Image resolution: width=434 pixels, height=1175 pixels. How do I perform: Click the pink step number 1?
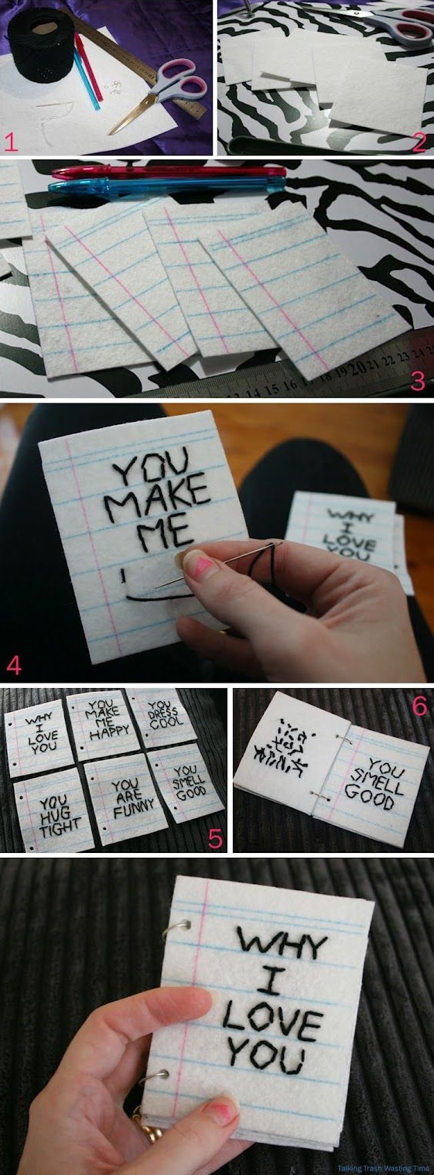pos(10,142)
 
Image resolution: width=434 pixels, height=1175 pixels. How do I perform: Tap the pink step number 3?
pos(418,381)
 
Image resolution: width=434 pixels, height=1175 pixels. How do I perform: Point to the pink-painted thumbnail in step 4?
pos(199,568)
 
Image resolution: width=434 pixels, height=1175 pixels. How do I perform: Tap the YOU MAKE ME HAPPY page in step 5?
pos(103,725)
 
